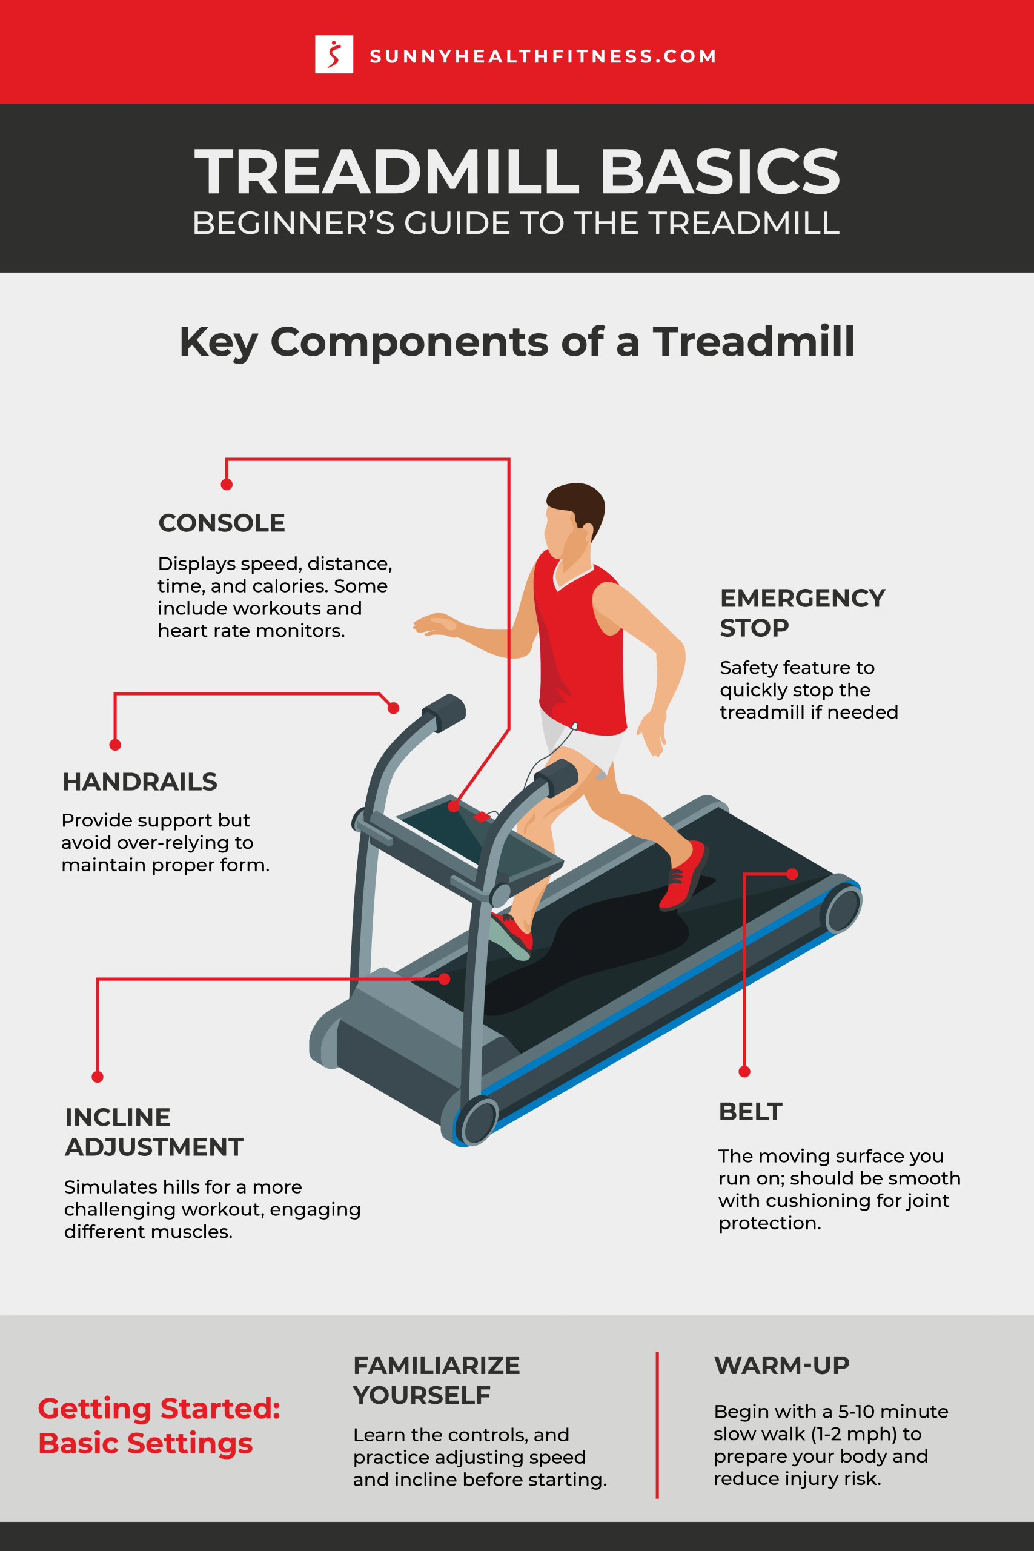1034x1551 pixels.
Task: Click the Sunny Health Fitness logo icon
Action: click(x=334, y=54)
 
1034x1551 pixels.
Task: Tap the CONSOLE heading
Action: click(x=222, y=523)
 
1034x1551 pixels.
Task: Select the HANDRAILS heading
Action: click(x=140, y=782)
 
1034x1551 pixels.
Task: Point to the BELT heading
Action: click(x=751, y=1111)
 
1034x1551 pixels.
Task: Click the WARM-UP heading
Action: click(x=781, y=1365)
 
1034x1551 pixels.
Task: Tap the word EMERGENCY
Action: click(x=803, y=598)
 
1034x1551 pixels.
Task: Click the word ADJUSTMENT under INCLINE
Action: click(x=154, y=1147)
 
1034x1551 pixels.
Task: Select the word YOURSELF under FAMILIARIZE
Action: click(x=422, y=1395)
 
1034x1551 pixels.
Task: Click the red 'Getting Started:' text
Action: click(x=159, y=1408)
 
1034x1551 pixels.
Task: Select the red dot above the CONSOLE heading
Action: click(x=227, y=485)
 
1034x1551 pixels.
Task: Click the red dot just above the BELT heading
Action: click(x=744, y=1072)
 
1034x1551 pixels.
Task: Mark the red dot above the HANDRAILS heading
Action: click(x=116, y=745)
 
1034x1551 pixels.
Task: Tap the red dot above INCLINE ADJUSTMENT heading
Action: click(x=98, y=1077)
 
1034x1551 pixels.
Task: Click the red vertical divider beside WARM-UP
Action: click(x=657, y=1424)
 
